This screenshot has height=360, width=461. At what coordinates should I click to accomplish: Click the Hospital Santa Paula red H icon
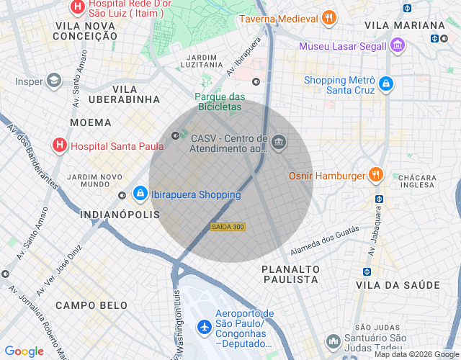click(60, 146)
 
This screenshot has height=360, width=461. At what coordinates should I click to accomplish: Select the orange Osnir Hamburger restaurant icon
click(375, 175)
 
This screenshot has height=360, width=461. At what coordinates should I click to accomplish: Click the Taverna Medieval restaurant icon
click(328, 19)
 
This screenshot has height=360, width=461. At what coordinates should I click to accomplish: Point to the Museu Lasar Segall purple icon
click(398, 47)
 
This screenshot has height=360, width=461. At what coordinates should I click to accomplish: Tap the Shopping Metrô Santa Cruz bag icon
click(386, 84)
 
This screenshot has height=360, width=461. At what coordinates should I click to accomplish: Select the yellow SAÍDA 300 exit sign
click(228, 227)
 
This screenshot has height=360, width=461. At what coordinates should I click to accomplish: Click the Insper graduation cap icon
click(53, 81)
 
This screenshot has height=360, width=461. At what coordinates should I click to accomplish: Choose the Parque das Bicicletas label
click(220, 102)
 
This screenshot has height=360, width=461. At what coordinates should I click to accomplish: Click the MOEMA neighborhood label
click(91, 122)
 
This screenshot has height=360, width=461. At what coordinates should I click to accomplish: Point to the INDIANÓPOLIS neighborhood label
click(119, 215)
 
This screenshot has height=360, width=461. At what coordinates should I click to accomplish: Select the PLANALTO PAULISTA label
click(290, 275)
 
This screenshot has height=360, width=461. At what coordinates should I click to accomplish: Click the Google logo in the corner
click(24, 351)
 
